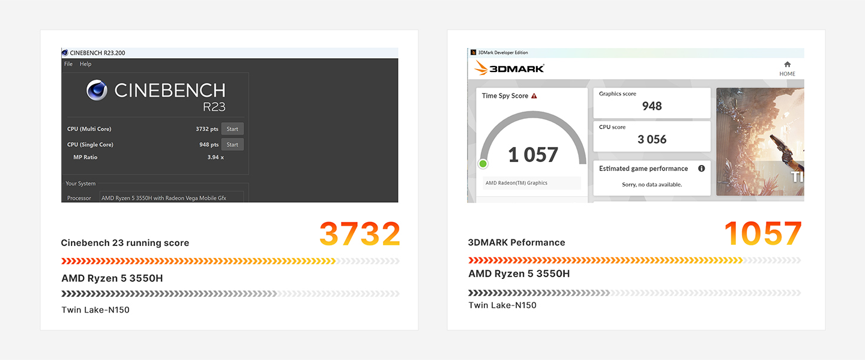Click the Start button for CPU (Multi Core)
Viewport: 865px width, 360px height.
[232, 129]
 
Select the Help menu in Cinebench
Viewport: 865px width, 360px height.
[85, 64]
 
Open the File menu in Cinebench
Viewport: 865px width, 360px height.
[68, 64]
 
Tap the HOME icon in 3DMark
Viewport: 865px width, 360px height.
[787, 64]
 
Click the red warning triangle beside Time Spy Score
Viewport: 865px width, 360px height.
[534, 95]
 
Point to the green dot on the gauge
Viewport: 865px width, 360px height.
[483, 164]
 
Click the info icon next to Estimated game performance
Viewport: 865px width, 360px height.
[701, 168]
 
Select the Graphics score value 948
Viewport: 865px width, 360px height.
[652, 106]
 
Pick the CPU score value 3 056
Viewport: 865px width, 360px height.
[652, 139]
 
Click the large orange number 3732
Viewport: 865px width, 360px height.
[360, 234]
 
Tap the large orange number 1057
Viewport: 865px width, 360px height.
[763, 233]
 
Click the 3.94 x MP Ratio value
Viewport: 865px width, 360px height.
[215, 157]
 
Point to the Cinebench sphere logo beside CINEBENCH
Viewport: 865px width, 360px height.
[97, 90]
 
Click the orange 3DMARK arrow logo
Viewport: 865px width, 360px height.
[481, 68]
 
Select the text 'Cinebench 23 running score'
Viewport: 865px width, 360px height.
[125, 243]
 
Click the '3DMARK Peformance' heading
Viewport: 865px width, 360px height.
[516, 242]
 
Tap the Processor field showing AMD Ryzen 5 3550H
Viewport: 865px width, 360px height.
[172, 197]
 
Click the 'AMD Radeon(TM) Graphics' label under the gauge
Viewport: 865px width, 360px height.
[516, 183]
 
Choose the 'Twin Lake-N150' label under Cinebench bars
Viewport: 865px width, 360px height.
[95, 310]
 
